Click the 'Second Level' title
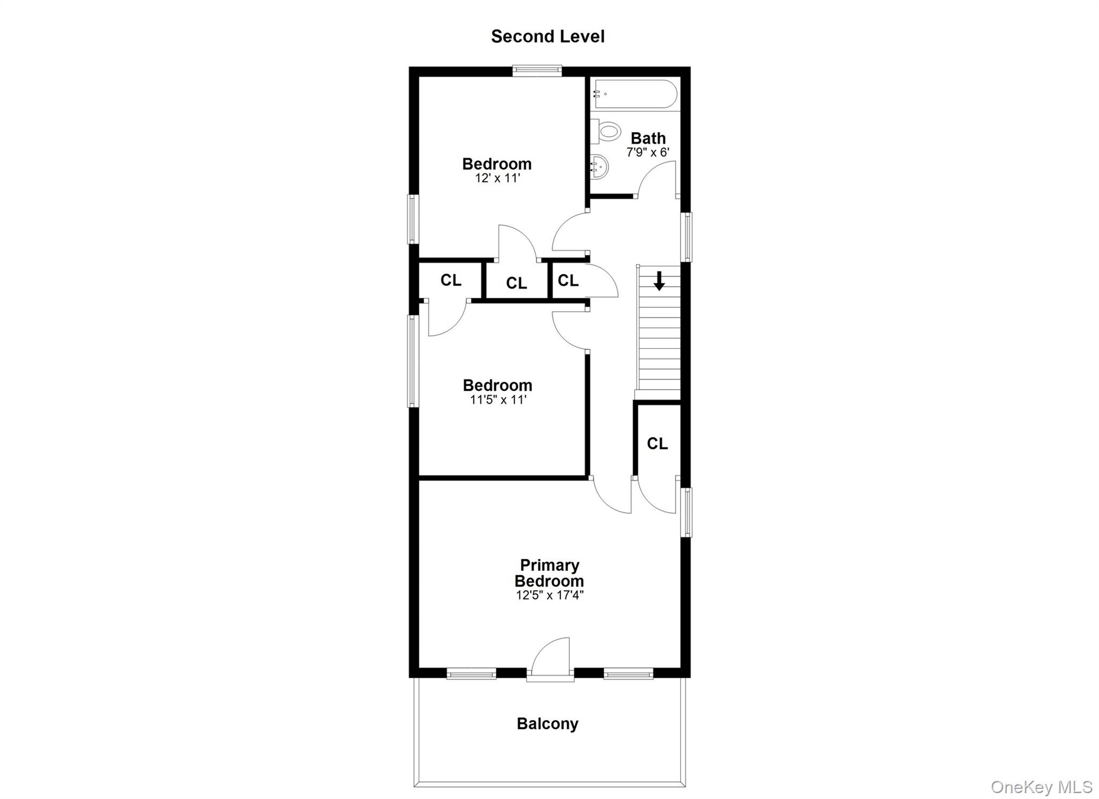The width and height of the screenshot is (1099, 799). [547, 36]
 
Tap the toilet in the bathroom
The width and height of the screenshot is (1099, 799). [607, 131]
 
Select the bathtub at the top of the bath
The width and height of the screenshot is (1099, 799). [634, 94]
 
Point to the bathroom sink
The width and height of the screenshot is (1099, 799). [600, 167]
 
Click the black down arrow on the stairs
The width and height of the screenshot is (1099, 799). [659, 281]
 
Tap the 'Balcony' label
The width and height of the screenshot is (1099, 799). [547, 723]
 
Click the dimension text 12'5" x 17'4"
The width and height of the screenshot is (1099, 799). [549, 595]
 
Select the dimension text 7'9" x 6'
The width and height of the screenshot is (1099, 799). [648, 152]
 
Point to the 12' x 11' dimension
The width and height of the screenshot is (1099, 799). [497, 178]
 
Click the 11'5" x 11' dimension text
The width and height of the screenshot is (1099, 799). [498, 400]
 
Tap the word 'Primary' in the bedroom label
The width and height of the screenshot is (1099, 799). [549, 565]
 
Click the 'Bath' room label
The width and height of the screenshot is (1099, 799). [648, 138]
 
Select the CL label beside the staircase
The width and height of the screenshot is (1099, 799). [657, 443]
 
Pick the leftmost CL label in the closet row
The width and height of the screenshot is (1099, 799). [451, 280]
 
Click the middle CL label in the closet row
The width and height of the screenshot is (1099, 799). [516, 283]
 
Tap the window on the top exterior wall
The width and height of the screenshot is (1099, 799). [537, 70]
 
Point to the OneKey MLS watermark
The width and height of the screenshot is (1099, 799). [1041, 787]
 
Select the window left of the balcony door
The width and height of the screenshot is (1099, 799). [471, 673]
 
